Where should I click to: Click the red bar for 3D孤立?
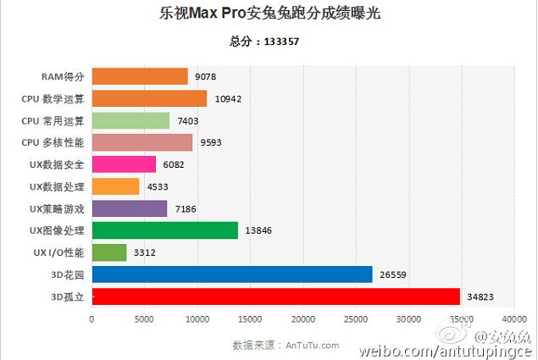pos(275,296)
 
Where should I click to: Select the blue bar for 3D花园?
pos(231,274)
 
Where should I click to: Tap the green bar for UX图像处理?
pos(164,230)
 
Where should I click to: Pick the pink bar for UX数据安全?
pos(124,164)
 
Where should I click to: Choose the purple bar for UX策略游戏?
pos(129,208)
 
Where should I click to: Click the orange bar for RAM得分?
pos(139,76)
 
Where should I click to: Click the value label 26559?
pos(392,274)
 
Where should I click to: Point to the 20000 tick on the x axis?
pos(302,319)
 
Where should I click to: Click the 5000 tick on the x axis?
pos(144,319)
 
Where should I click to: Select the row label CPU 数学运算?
pos(53,98)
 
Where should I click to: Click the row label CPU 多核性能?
pos(53,142)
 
